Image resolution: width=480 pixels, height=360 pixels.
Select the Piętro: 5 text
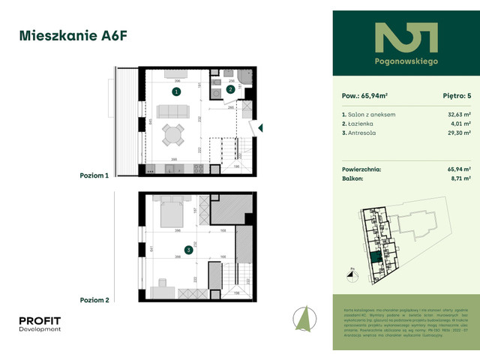[x=448, y=96]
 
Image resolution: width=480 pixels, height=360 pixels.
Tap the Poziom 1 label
[x=94, y=175]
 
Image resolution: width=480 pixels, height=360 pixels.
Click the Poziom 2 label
[x=94, y=300]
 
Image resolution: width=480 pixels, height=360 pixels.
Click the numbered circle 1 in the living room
[x=175, y=91]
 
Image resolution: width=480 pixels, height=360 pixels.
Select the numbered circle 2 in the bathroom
[x=230, y=89]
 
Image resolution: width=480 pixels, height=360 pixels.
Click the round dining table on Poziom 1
[x=174, y=136]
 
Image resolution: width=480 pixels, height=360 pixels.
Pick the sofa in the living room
[x=173, y=113]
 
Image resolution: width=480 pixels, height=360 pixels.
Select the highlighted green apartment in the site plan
[x=373, y=259]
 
